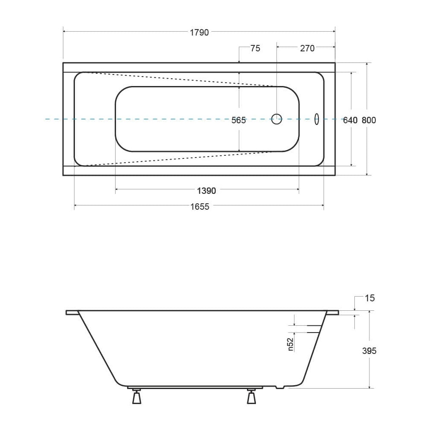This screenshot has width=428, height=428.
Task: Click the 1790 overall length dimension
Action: [199, 33]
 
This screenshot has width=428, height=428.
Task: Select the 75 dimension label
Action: [255, 48]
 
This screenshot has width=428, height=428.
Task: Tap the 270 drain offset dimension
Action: [307, 48]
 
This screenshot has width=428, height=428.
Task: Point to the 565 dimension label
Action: [238, 120]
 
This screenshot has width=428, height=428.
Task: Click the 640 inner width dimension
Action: [350, 120]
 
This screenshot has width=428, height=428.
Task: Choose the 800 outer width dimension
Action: [369, 120]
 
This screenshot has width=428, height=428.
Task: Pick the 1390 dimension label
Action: [206, 191]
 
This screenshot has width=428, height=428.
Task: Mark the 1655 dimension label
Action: [200, 207]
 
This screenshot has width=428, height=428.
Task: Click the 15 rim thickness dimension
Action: [370, 298]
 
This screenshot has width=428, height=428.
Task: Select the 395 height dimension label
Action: [369, 351]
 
